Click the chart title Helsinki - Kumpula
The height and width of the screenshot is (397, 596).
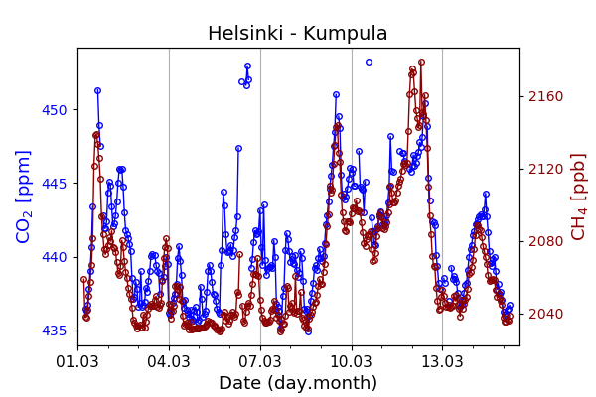point(297,34)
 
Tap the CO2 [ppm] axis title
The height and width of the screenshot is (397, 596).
point(24,197)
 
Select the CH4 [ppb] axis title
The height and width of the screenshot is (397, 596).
point(578,197)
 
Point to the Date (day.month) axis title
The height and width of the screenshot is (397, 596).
point(297,383)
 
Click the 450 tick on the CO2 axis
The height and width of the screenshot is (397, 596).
point(55,110)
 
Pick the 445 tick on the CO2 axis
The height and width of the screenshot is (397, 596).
point(55,184)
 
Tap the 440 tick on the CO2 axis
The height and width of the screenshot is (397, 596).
point(55,257)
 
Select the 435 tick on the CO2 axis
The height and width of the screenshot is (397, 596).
point(55,331)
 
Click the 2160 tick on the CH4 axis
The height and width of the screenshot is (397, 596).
point(545,96)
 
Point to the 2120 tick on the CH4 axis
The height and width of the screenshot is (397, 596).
point(545,169)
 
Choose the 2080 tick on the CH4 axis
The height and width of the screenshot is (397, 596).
point(545,241)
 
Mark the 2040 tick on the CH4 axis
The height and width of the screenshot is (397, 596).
point(545,314)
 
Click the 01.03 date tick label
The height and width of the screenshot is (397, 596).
point(77,360)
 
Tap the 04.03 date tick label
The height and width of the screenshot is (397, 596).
point(169,360)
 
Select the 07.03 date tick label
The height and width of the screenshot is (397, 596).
point(260,360)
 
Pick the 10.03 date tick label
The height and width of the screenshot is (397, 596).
point(352,360)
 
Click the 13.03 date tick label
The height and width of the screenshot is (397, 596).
point(443,360)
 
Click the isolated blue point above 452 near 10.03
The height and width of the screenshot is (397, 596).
point(369,63)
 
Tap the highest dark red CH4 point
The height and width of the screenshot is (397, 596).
point(421,63)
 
